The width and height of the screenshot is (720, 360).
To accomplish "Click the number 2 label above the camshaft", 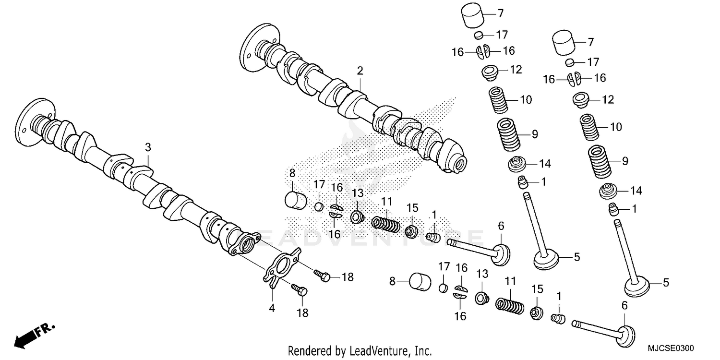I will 360,71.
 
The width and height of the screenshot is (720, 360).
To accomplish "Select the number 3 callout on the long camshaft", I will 148,147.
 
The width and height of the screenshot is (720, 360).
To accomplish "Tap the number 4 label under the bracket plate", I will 272,309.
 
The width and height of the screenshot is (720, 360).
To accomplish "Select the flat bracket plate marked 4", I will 280,266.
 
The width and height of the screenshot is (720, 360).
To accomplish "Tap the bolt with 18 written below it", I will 300,290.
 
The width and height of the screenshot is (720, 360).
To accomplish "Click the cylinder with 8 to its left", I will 420,282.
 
